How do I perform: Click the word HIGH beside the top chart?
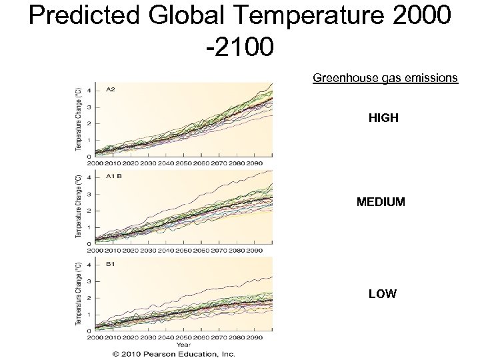pyautogui.click(x=383, y=118)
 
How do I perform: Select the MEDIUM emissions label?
pyautogui.click(x=381, y=201)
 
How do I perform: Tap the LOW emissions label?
pyautogui.click(x=383, y=293)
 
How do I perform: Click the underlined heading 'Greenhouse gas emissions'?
pyautogui.click(x=385, y=78)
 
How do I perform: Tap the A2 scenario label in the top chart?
pyautogui.click(x=110, y=89)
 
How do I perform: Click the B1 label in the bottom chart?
pyautogui.click(x=110, y=264)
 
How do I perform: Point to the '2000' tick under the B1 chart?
pyautogui.click(x=95, y=338)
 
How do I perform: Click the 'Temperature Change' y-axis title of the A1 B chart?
pyautogui.click(x=79, y=207)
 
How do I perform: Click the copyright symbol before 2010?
pyautogui.click(x=116, y=353)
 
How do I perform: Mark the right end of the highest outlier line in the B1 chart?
pyautogui.click(x=272, y=277)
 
